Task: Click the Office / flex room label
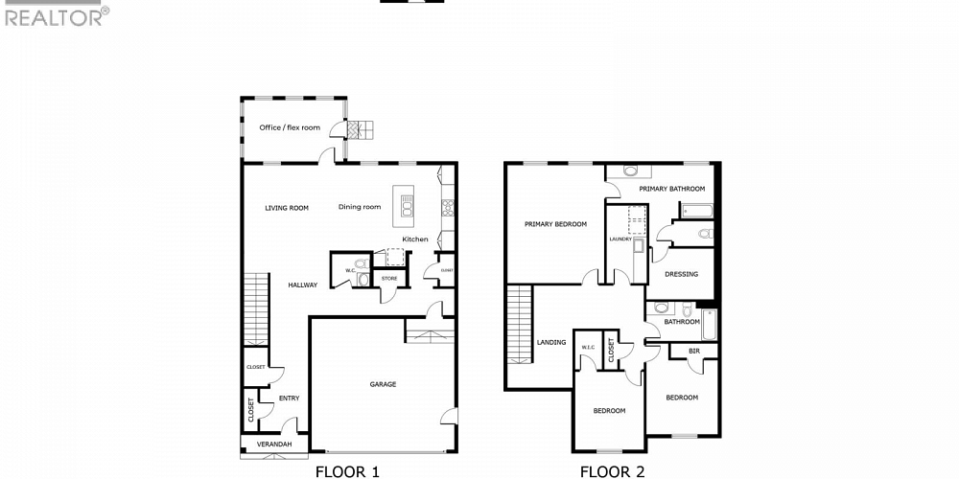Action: point(290,127)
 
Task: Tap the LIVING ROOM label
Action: point(287,207)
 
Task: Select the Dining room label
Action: point(360,207)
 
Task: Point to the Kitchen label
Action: point(415,239)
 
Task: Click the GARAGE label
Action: point(383,384)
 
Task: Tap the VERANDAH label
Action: point(274,445)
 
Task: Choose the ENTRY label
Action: point(290,398)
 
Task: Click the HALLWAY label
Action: point(303,285)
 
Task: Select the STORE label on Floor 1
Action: point(389,279)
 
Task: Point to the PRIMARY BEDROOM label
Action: point(555,224)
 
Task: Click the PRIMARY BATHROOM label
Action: point(672,189)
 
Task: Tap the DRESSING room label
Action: point(682,274)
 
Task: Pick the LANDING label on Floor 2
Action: point(551,342)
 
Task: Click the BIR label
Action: point(693,353)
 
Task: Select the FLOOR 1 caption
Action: point(347,470)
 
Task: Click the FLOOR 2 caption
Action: point(612,470)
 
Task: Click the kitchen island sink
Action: point(408,204)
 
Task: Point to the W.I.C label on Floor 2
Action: point(587,347)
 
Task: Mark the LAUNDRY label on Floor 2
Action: point(620,239)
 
